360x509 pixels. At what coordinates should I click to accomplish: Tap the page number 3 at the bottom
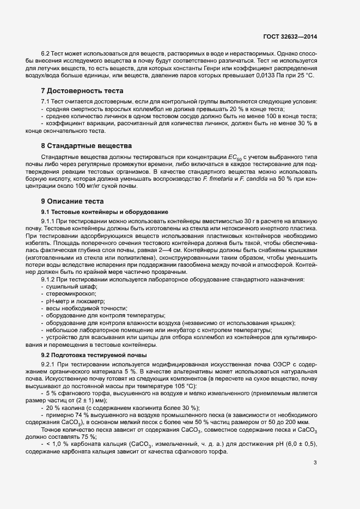tap(315, 463)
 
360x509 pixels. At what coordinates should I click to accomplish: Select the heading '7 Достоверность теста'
tap(82, 90)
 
